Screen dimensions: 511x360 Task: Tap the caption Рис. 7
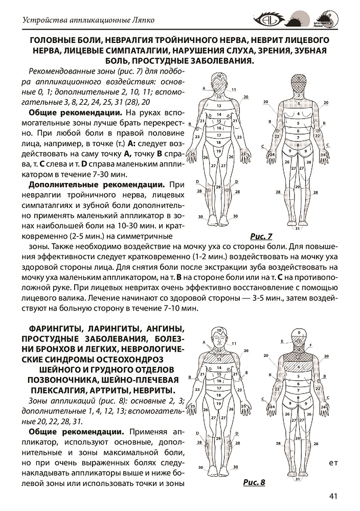pos(261,236)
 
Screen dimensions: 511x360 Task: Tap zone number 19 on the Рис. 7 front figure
pos(218,151)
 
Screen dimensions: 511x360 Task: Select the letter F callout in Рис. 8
pos(311,345)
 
